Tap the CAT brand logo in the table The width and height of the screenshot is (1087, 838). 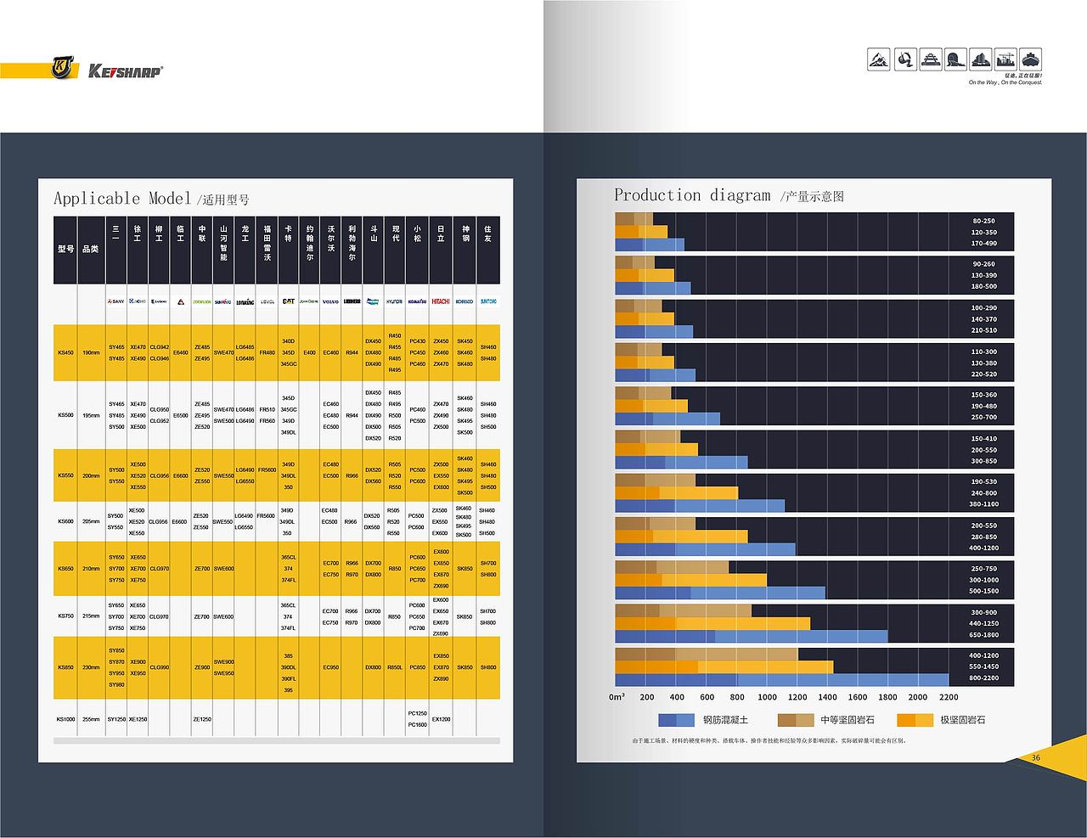point(288,301)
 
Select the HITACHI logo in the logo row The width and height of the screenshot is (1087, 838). point(441,301)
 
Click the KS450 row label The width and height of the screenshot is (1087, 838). point(65,352)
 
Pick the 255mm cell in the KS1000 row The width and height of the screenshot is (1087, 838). point(90,719)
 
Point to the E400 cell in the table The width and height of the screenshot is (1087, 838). point(309,352)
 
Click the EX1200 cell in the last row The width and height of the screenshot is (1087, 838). point(441,719)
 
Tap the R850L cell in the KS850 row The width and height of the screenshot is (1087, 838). point(395,667)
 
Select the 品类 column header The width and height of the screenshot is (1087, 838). point(90,249)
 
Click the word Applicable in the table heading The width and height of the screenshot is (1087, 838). point(96,199)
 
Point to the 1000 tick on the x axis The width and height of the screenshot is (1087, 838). point(767,697)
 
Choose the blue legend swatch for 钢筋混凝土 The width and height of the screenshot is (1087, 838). point(677,720)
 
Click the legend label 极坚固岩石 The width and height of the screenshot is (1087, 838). point(962,720)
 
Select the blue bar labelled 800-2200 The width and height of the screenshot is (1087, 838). point(781,679)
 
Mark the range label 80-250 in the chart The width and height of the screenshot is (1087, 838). point(983,221)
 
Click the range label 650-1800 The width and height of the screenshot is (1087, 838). point(983,635)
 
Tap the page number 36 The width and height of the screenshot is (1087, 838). point(1035,757)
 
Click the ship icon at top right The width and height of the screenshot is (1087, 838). point(1030,59)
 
